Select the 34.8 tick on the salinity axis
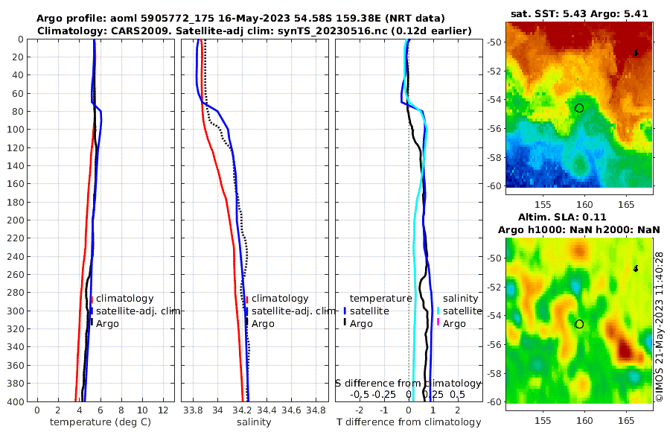click(x=316, y=410)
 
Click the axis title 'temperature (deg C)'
click(x=100, y=422)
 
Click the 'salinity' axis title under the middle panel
click(x=253, y=422)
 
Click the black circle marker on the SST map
click(x=579, y=108)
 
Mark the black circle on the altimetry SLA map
click(x=579, y=324)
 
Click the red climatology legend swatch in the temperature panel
click(x=92, y=299)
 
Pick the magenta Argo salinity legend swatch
click(x=438, y=323)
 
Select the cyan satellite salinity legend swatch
click(x=438, y=311)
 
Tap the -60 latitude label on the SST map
click(x=494, y=185)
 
